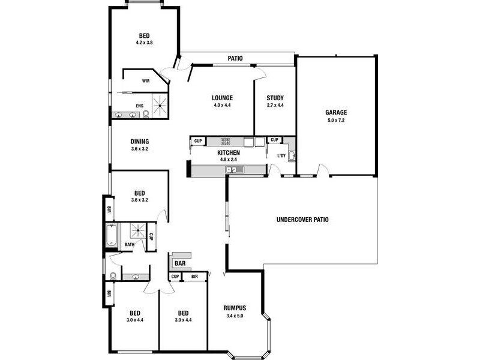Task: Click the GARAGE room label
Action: click(x=336, y=112)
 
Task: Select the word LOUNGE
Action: click(x=222, y=98)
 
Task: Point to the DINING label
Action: click(x=139, y=142)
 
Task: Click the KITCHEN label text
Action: click(x=229, y=153)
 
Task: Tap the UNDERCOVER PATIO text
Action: click(x=302, y=220)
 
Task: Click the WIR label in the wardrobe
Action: click(x=145, y=80)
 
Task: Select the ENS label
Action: click(x=139, y=106)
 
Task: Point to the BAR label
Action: click(x=179, y=263)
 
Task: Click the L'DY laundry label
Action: click(x=280, y=157)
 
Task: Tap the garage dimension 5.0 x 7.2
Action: click(x=336, y=120)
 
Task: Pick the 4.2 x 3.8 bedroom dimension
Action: click(x=144, y=43)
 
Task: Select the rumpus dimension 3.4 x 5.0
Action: click(x=235, y=316)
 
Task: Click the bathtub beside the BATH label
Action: click(x=110, y=235)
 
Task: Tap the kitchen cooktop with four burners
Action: click(x=226, y=142)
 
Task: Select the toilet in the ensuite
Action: click(x=146, y=114)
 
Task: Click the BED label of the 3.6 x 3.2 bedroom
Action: click(x=139, y=193)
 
